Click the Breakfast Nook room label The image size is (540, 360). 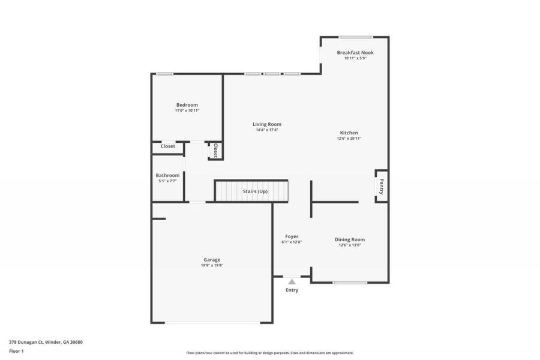point(355,53)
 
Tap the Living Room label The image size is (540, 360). point(266,124)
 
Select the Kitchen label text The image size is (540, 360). point(349,133)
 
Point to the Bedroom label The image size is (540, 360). point(187,105)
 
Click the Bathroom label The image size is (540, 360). point(167,175)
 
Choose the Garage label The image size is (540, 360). point(212,260)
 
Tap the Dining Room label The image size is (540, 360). point(349,239)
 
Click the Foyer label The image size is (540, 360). point(292,236)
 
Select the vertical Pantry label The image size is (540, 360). point(381,187)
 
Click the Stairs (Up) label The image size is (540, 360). point(255,191)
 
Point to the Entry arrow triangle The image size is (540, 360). point(292,281)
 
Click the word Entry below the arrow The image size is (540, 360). point(292,290)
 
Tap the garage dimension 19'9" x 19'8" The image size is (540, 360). point(212,265)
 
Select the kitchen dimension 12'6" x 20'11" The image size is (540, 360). point(349,139)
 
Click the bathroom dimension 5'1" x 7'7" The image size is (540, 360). point(167,181)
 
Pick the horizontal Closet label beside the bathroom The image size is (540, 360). point(167,146)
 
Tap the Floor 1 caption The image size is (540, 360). point(16,350)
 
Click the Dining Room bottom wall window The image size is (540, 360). point(350,283)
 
